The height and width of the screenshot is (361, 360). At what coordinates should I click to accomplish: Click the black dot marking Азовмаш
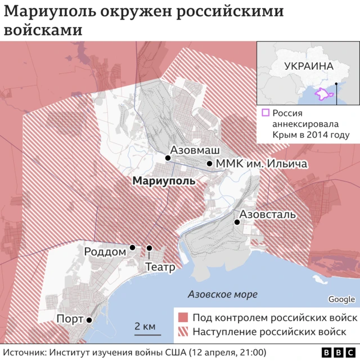tap(168, 158)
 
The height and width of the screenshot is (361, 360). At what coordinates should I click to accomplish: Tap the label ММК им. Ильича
tap(262, 164)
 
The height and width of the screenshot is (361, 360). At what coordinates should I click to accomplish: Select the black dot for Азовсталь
tap(237, 222)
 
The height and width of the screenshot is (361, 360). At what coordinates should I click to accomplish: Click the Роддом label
tap(105, 252)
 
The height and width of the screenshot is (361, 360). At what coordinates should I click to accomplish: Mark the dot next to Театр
tap(149, 248)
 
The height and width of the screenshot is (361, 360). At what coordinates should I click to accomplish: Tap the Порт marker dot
tap(89, 319)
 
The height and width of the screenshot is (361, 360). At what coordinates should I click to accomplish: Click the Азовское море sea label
tap(222, 295)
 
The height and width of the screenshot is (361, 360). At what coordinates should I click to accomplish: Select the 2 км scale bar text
tap(144, 326)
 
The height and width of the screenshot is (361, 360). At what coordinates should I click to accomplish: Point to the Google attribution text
tap(341, 299)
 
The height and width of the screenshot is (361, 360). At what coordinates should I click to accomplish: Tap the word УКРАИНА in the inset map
tap(309, 66)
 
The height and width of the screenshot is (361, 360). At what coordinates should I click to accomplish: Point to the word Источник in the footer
tap(28, 352)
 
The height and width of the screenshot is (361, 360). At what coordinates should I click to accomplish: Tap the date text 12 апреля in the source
tap(214, 352)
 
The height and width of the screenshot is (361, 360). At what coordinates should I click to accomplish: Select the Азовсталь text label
tap(267, 214)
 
